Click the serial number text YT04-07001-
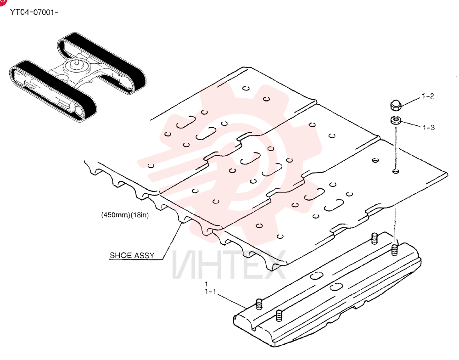34,12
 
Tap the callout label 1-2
428,96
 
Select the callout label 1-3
429,127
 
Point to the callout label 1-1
211,292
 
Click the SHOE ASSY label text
132,255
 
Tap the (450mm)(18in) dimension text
125,215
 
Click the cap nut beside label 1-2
396,105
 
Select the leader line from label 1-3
411,124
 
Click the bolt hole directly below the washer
396,171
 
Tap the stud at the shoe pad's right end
395,250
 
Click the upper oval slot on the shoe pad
316,276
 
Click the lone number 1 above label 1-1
207,284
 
